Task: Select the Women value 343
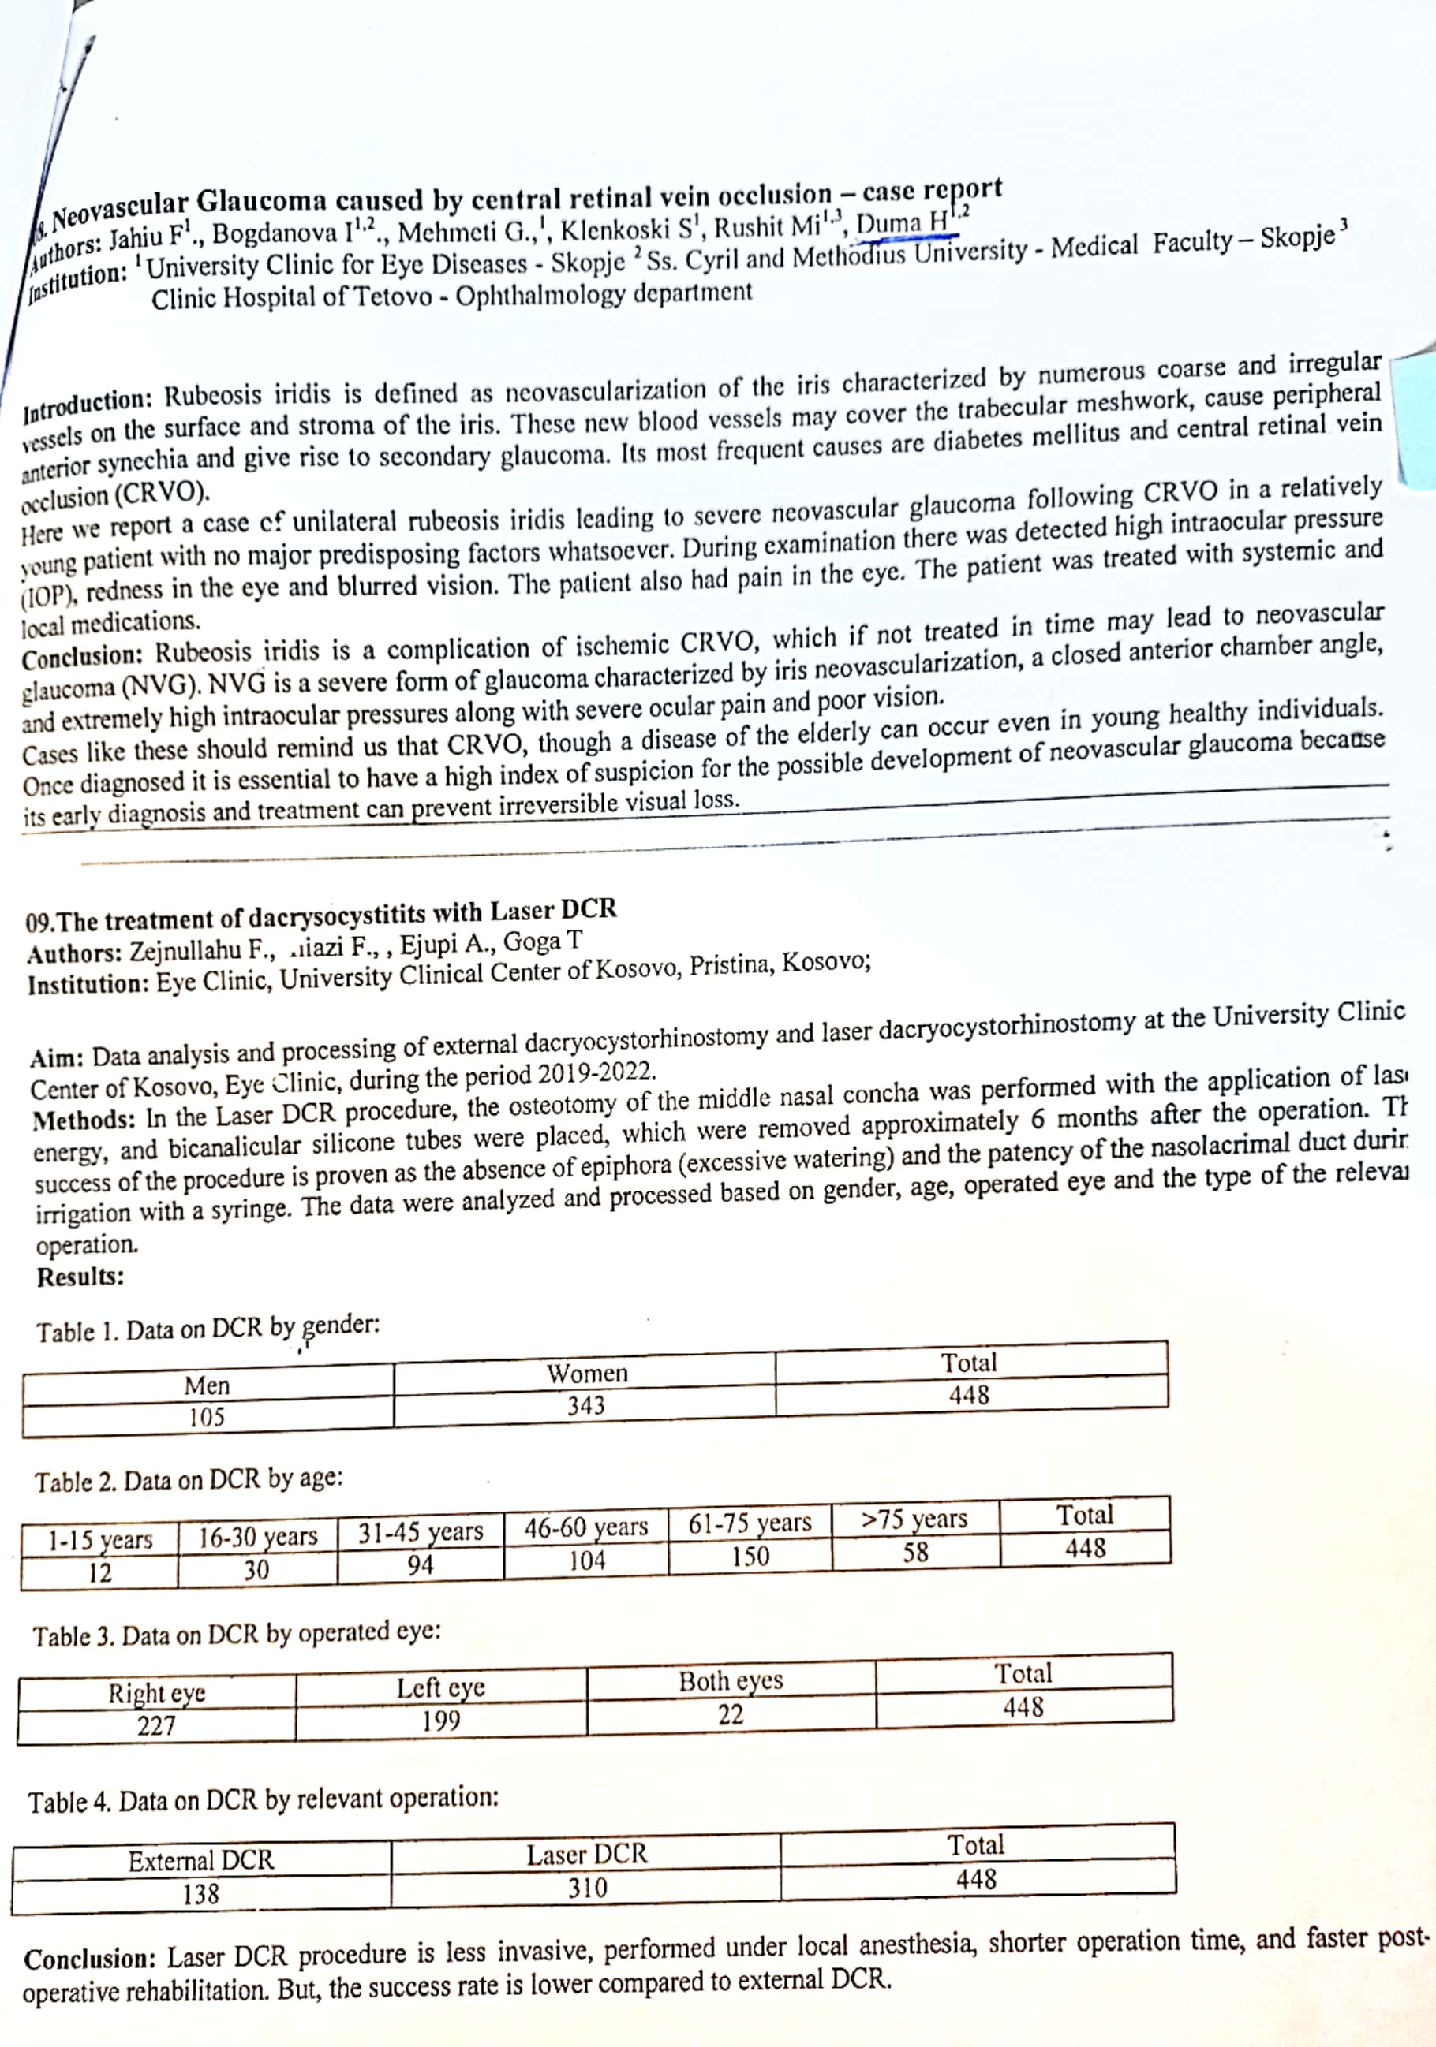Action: (586, 1405)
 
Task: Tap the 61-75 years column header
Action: (750, 1523)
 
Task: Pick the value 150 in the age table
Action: (750, 1556)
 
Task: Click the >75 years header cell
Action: (914, 1519)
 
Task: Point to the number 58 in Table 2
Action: (915, 1552)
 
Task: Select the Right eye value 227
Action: (156, 1725)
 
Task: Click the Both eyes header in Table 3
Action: (731, 1680)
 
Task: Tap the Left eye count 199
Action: (440, 1720)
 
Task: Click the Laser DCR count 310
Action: (587, 1888)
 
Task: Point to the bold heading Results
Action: (80, 1277)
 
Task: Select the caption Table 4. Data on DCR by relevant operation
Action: (263, 1800)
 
